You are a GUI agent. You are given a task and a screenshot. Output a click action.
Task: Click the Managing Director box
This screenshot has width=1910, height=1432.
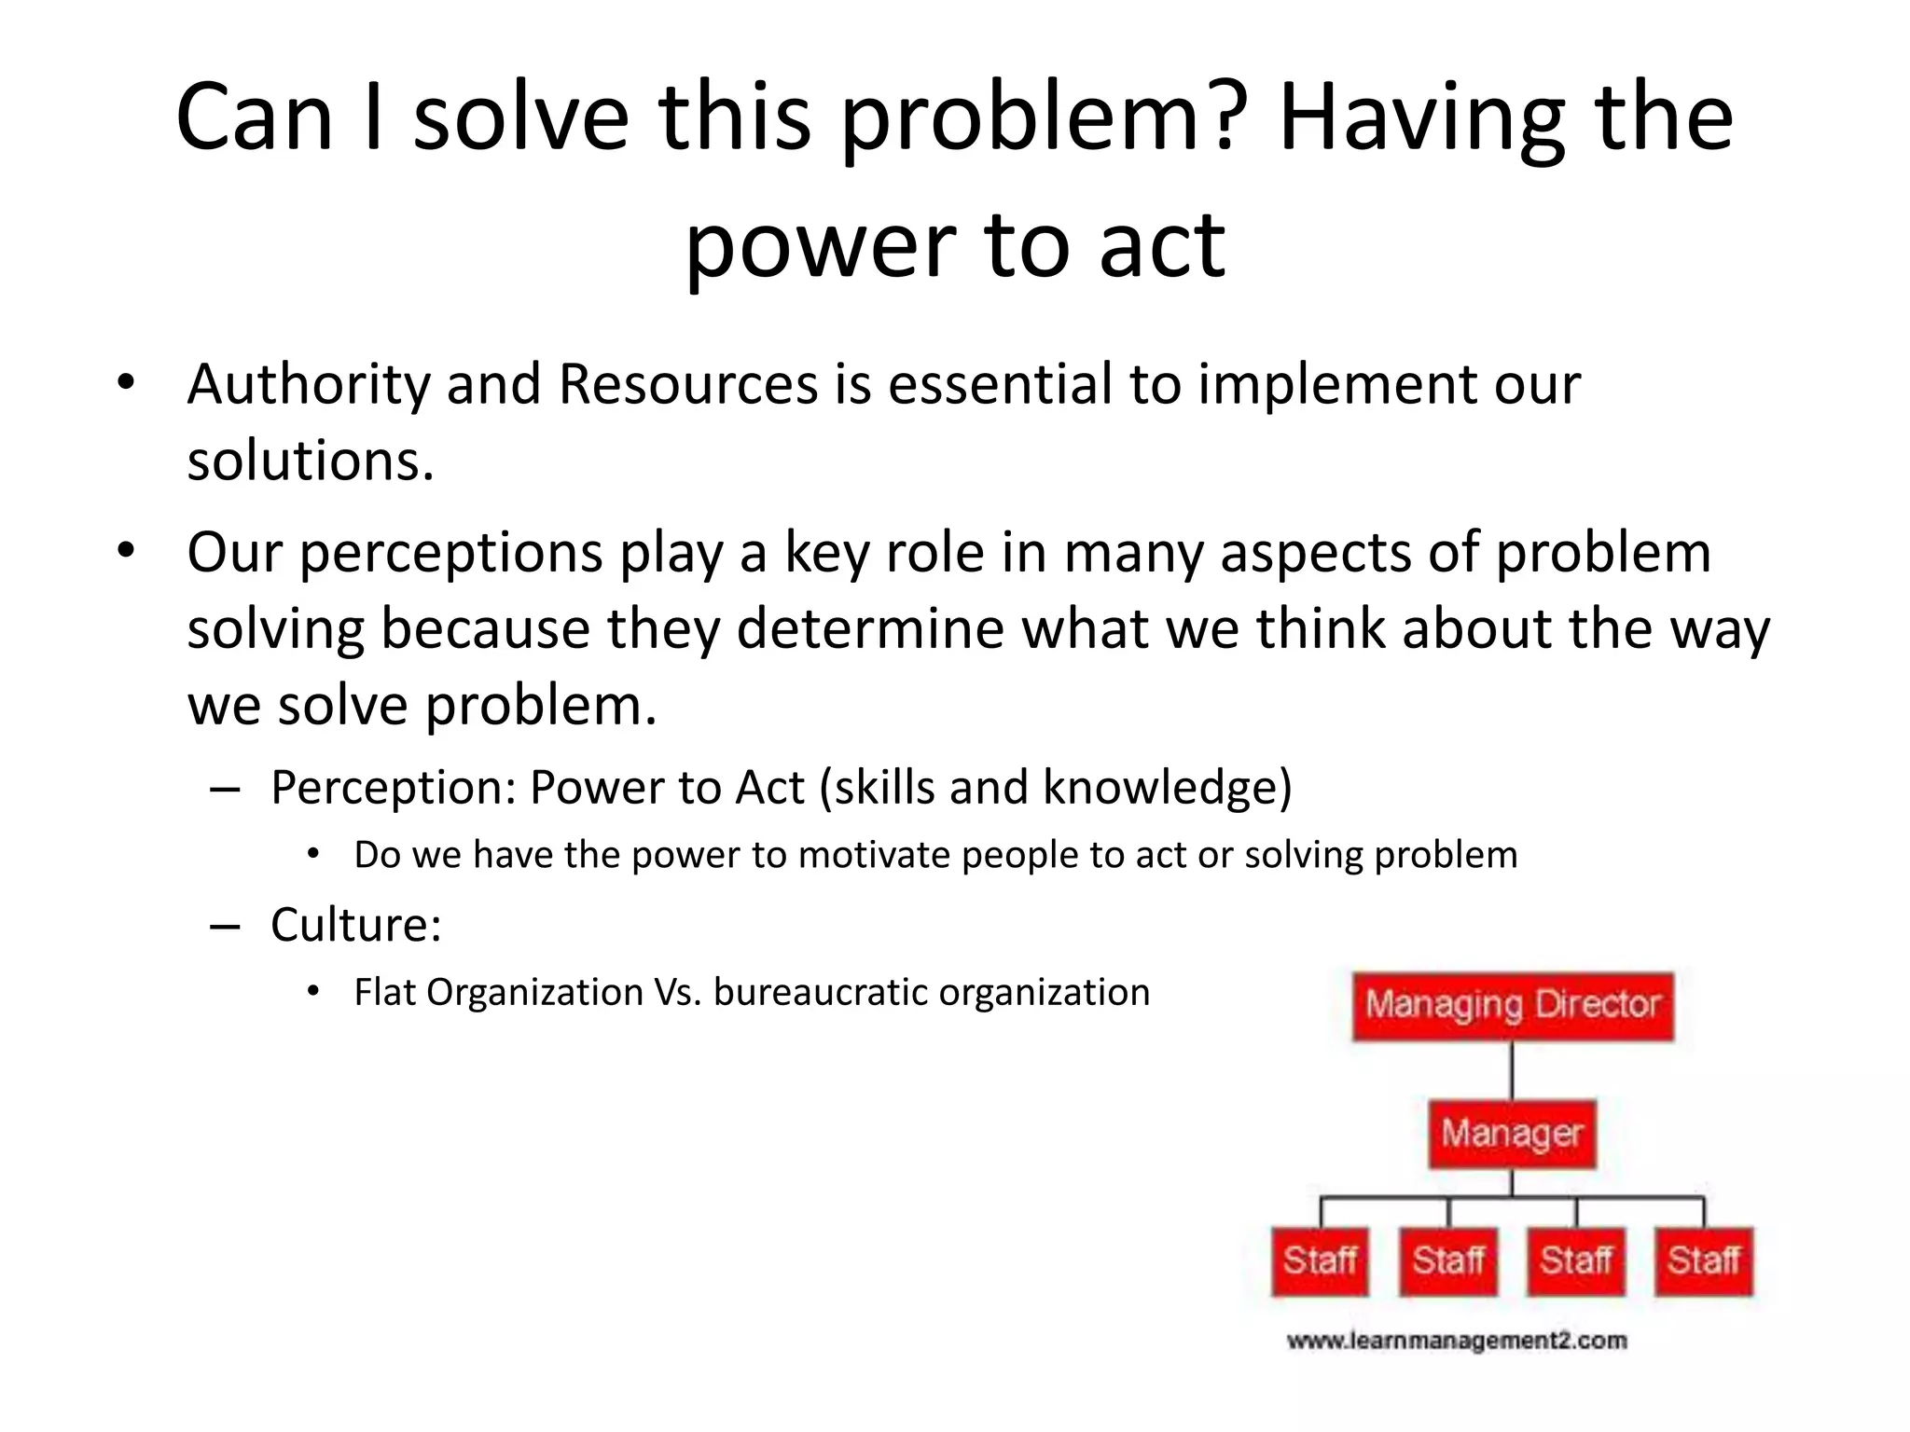[x=1513, y=1006]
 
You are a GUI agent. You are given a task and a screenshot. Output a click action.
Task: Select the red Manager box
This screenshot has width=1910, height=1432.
[x=1512, y=1135]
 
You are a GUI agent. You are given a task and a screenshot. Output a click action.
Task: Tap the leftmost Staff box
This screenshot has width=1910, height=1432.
[x=1320, y=1261]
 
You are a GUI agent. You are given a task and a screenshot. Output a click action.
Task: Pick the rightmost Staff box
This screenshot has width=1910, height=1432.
[x=1704, y=1261]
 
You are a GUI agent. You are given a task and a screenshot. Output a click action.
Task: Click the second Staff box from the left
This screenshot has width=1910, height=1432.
[x=1447, y=1261]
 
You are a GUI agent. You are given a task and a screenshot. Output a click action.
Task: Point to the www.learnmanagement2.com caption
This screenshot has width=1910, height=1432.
[x=1457, y=1342]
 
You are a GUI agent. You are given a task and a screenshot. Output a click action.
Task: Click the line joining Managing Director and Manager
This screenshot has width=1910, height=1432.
[x=1512, y=1070]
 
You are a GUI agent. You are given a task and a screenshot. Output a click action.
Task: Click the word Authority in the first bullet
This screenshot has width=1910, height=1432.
[x=308, y=385]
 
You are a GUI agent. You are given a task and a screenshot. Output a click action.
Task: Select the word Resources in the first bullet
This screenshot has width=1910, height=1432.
[x=688, y=385]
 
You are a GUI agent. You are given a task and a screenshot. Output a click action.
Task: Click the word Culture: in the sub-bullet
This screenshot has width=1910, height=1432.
[x=355, y=925]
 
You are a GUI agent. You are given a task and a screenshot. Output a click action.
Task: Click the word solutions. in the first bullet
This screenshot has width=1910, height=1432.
[x=311, y=461]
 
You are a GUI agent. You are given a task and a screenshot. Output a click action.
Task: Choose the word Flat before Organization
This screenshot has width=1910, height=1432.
[x=386, y=992]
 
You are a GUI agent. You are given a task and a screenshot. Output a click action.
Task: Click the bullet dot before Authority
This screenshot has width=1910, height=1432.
[x=126, y=383]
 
